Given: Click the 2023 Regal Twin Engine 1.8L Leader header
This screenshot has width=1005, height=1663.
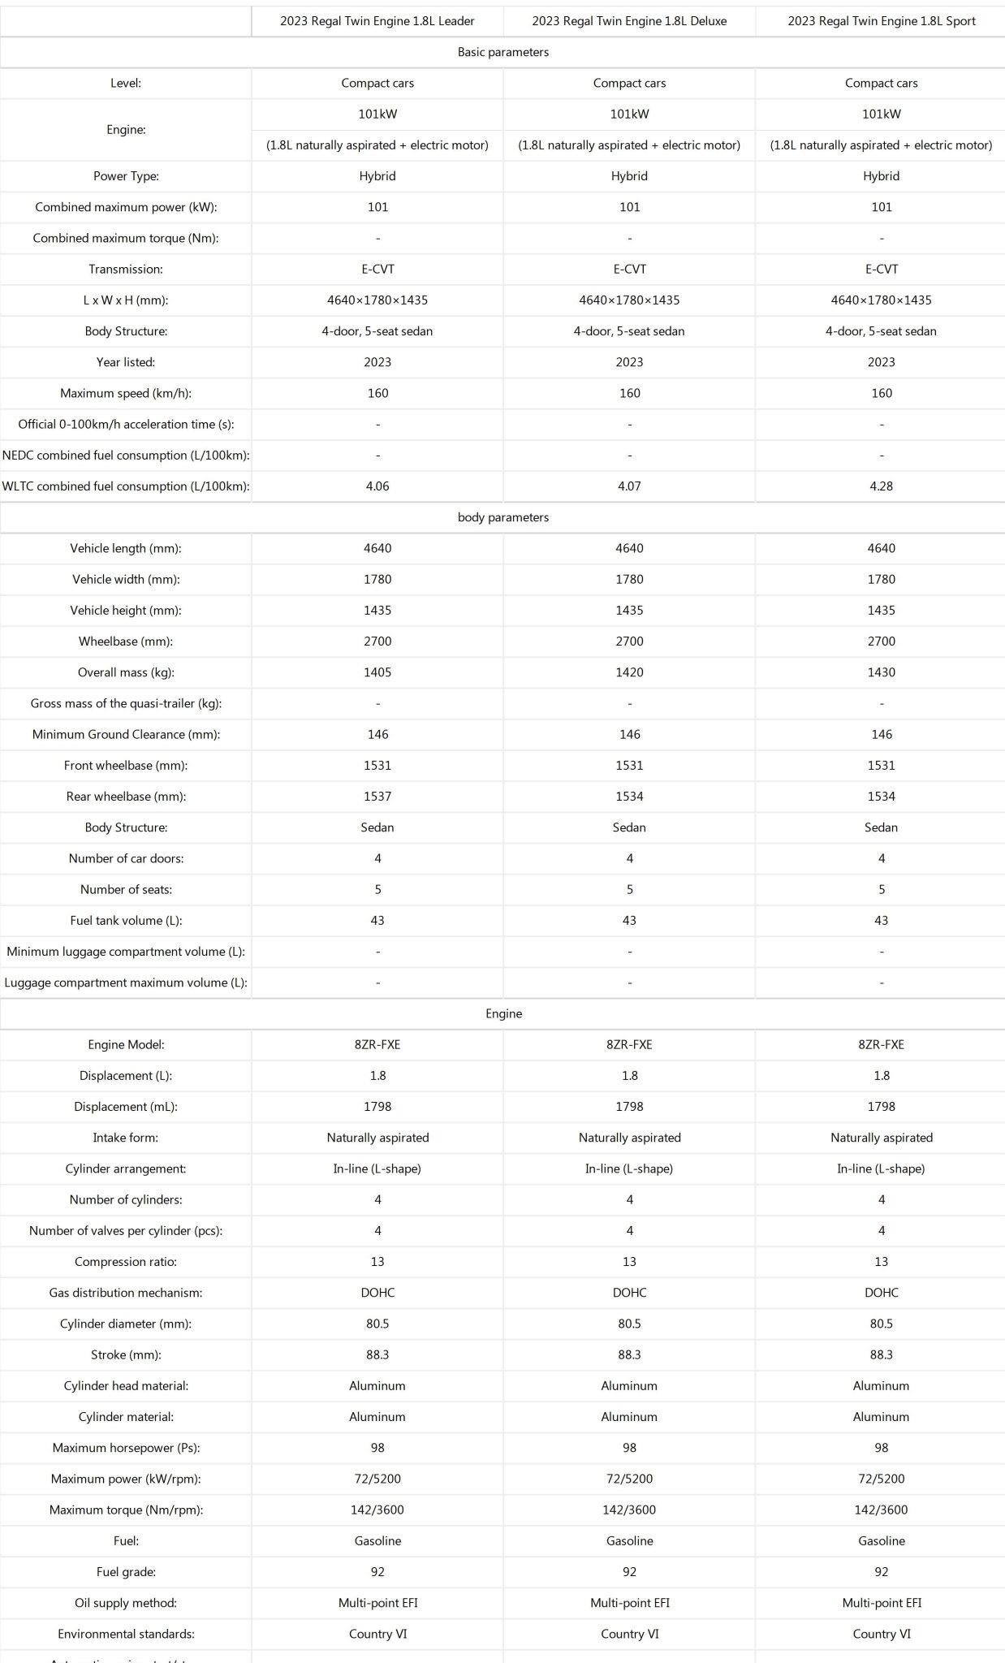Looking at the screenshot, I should pyautogui.click(x=377, y=21).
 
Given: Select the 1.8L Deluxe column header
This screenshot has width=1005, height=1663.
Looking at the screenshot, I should pyautogui.click(x=629, y=21).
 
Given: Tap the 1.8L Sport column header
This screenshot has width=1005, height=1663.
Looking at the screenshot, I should pyautogui.click(x=882, y=21).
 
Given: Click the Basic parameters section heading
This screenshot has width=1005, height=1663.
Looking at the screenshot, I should pyautogui.click(x=503, y=52).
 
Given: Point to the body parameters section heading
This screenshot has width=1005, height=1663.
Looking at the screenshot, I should pyautogui.click(x=503, y=517).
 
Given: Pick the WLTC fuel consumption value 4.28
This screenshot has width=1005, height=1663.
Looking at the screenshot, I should pyautogui.click(x=882, y=486).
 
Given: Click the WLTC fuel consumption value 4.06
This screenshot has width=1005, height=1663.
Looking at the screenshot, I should pyautogui.click(x=377, y=486).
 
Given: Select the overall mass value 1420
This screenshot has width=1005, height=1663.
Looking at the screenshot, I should pyautogui.click(x=629, y=672).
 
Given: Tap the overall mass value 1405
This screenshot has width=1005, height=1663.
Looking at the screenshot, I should pyautogui.click(x=377, y=672).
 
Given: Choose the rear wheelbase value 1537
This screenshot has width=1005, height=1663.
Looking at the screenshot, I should pyautogui.click(x=377, y=797).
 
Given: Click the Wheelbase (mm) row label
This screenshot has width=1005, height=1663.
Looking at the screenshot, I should pyautogui.click(x=126, y=641).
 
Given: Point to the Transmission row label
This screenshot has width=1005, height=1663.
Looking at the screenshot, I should pyautogui.click(x=126, y=269).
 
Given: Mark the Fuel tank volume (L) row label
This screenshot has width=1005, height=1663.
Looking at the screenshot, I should pyautogui.click(x=126, y=921).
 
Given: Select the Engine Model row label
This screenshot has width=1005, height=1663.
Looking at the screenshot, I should pyautogui.click(x=126, y=1045).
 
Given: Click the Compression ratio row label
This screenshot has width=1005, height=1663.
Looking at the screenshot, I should pyautogui.click(x=126, y=1262).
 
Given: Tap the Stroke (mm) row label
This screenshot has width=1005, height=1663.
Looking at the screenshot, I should pyautogui.click(x=126, y=1354).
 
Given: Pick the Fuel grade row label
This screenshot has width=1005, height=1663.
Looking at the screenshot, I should pyautogui.click(x=126, y=1572).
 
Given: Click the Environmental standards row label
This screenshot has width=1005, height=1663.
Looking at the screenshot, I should pyautogui.click(x=126, y=1634).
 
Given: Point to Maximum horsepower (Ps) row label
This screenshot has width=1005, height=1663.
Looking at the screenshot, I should pyautogui.click(x=126, y=1448).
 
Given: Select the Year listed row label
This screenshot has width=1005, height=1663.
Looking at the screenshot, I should pyautogui.click(x=126, y=362).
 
